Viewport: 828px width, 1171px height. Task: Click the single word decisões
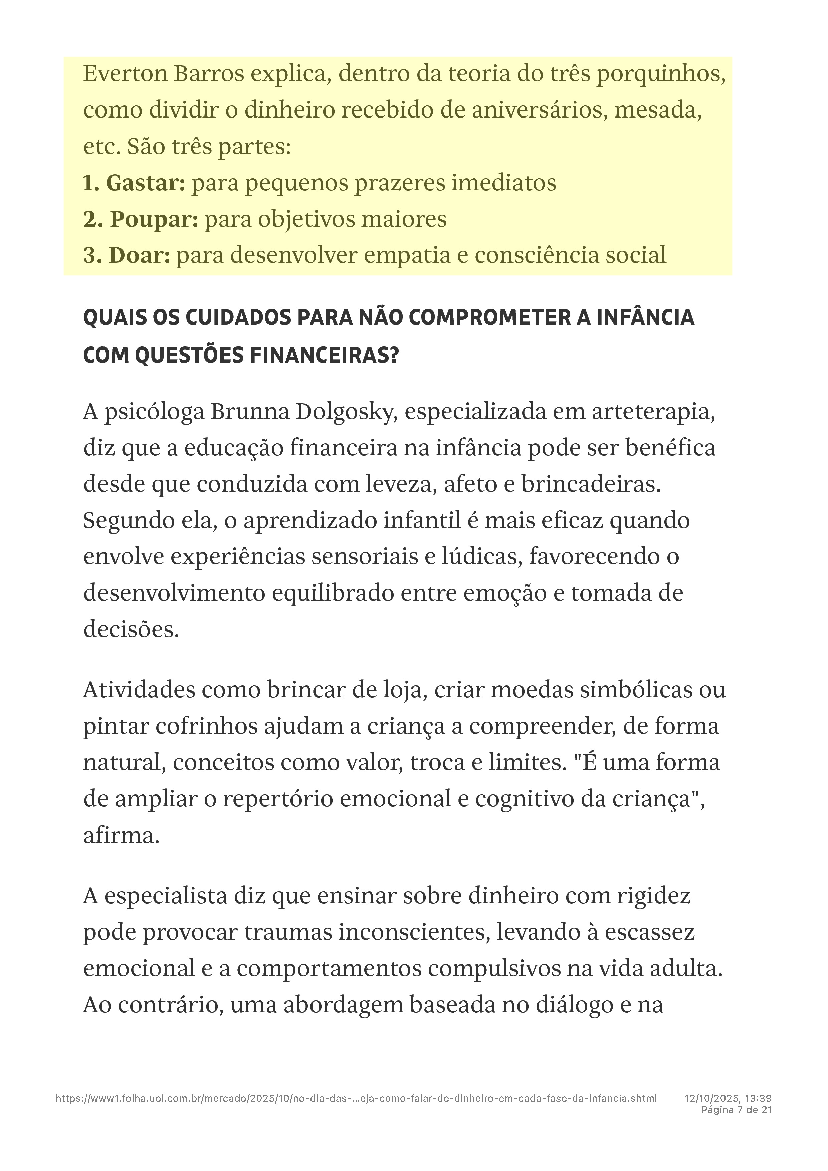click(131, 629)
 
